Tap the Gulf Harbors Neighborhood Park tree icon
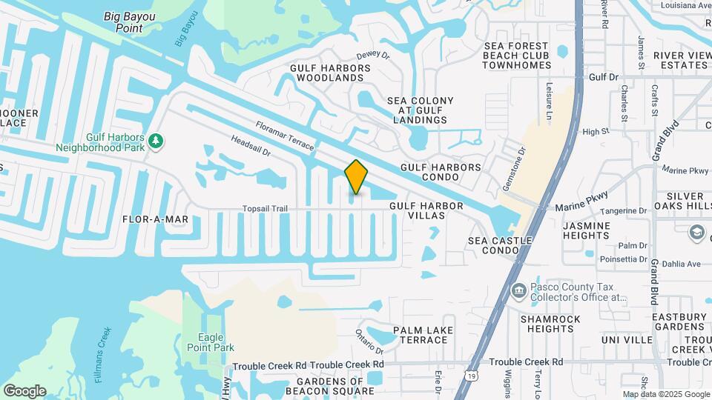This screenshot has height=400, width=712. [x=155, y=141]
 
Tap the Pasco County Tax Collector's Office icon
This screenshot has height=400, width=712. [x=519, y=290]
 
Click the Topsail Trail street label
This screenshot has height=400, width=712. [x=265, y=209]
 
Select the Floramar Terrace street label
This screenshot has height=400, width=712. [x=286, y=136]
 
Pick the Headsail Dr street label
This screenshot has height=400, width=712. [x=251, y=145]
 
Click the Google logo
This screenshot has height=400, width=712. [x=24, y=390]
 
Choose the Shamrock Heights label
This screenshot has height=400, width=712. [x=550, y=324]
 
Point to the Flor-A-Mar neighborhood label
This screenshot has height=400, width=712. [x=156, y=219]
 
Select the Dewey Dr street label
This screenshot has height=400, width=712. [x=372, y=55]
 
